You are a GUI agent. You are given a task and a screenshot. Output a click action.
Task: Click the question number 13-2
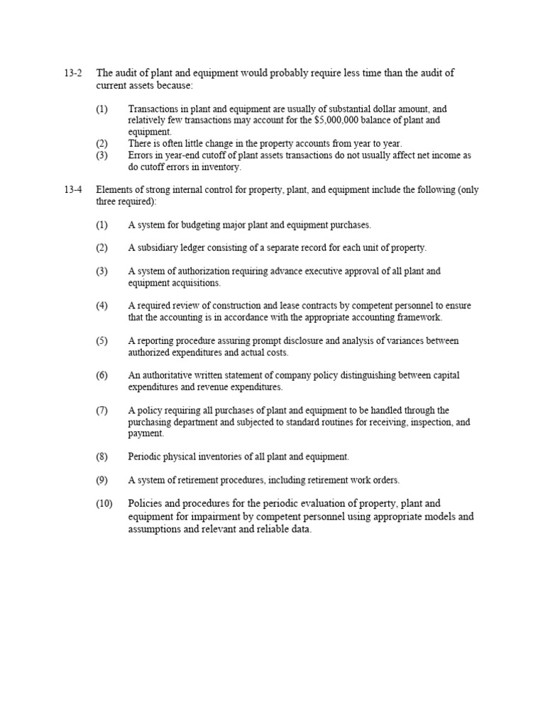click(x=73, y=73)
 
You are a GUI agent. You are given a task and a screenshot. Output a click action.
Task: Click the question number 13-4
click(x=73, y=190)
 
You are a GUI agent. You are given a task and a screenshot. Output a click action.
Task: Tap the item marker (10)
click(x=104, y=503)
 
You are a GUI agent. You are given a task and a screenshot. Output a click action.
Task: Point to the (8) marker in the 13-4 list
click(x=102, y=457)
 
